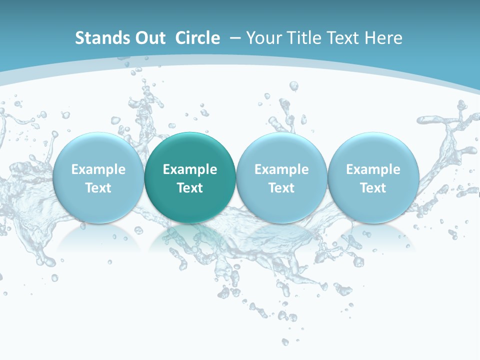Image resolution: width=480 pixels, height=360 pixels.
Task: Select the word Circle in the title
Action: point(197,38)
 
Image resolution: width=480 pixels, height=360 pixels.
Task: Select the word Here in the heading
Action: point(383,38)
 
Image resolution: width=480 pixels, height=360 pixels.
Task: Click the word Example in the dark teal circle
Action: point(190,169)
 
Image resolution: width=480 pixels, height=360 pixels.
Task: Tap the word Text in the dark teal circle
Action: point(190,188)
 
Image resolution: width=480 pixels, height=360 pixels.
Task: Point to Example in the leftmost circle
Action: point(98,169)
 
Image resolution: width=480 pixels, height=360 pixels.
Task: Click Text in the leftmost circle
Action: point(98,188)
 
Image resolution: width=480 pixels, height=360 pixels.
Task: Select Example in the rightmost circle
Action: point(373,169)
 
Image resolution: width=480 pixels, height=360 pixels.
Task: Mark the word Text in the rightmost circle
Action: point(373,188)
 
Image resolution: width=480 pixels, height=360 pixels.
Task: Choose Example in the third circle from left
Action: point(281,169)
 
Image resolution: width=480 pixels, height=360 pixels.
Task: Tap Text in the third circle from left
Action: point(281,188)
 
